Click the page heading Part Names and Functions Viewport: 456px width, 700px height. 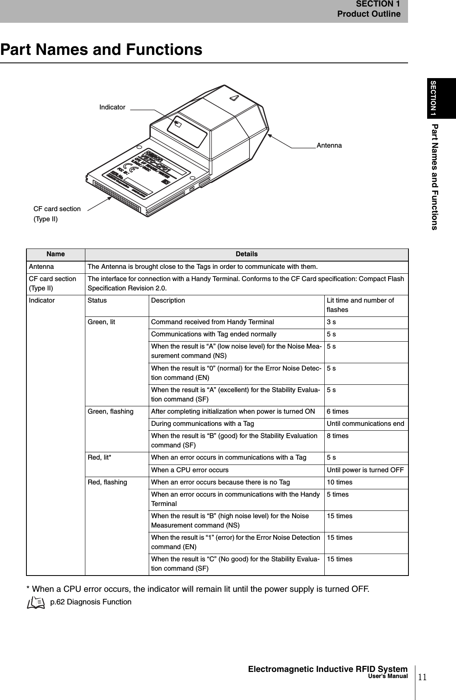[101, 50]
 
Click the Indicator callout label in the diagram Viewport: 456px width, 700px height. [112, 107]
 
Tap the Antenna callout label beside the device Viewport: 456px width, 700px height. [329, 146]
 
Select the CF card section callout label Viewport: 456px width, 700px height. [57, 214]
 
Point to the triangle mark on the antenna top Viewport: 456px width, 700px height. [234, 98]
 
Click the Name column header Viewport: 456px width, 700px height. [56, 254]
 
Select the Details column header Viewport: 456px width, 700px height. [246, 254]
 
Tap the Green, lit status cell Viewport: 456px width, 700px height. [102, 322]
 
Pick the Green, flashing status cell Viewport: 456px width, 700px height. [111, 411]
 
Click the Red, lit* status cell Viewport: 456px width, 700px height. [100, 458]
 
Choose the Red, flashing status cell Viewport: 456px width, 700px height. [107, 482]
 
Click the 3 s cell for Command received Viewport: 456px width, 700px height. [332, 322]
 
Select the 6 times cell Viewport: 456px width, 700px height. [338, 411]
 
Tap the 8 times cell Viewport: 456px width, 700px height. [338, 436]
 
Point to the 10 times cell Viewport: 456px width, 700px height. [339, 482]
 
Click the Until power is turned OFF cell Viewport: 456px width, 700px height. [365, 470]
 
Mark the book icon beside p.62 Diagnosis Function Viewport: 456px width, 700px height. [36, 602]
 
